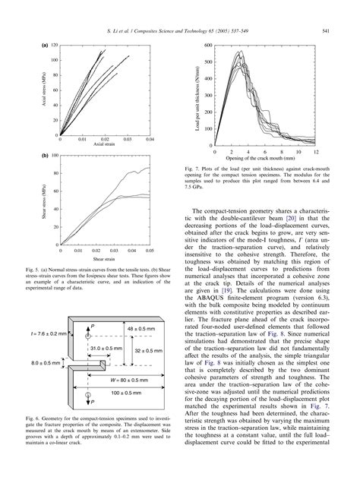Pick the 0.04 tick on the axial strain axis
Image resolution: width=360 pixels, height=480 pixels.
coord(150,140)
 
